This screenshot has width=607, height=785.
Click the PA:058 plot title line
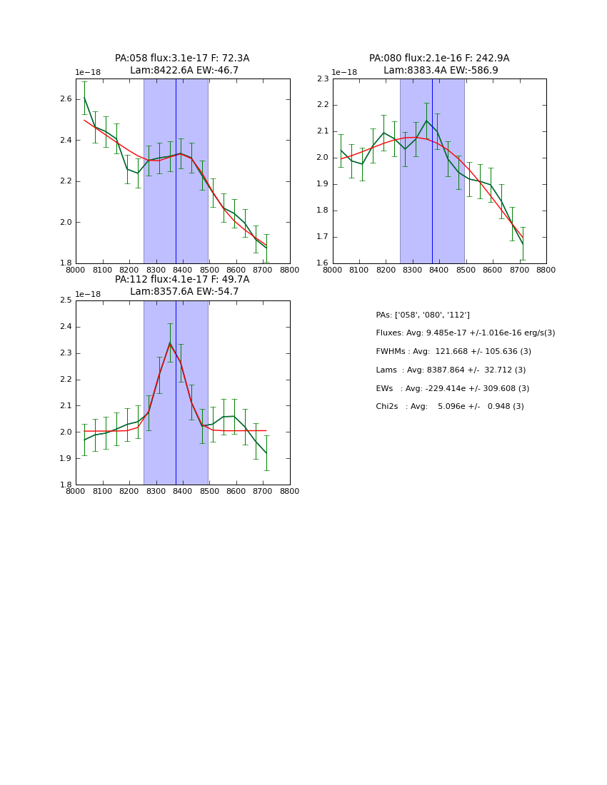[x=182, y=59]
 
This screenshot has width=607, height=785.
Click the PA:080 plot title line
[x=439, y=59]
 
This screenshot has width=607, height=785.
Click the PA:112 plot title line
[x=182, y=280]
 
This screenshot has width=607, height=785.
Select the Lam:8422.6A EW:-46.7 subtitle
[x=184, y=71]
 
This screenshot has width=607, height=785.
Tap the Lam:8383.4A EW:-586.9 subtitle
[x=441, y=71]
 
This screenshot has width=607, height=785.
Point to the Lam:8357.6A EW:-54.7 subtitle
[x=184, y=292]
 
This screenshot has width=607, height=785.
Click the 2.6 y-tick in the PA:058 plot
[x=65, y=99]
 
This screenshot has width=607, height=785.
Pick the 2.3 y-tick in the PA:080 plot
[x=322, y=79]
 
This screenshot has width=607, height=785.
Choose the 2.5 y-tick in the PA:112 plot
[x=65, y=300]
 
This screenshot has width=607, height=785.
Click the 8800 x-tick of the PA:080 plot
[x=546, y=270]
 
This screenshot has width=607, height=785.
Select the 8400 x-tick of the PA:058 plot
[x=183, y=270]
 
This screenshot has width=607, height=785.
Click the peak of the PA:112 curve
[x=170, y=343]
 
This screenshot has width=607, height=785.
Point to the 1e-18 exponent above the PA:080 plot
[x=344, y=73]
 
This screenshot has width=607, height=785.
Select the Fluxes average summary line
[x=465, y=333]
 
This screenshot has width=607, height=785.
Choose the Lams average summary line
[x=451, y=370]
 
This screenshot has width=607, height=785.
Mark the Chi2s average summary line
[x=450, y=407]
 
